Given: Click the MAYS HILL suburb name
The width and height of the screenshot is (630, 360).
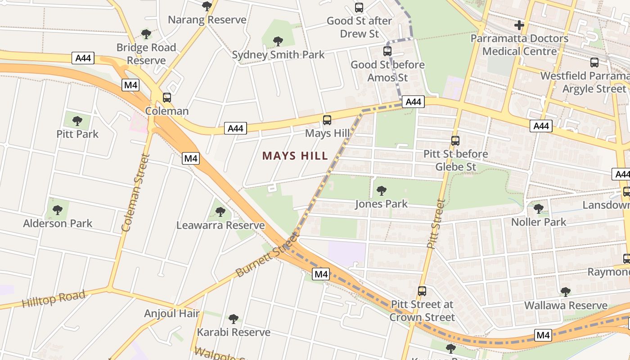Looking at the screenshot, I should coord(295,156).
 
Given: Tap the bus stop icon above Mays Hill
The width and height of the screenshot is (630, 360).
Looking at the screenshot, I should coord(327,120).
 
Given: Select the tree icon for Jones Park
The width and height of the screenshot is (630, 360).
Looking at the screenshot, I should coord(382,191).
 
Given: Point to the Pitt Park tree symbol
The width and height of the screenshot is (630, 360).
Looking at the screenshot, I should coord(77,121).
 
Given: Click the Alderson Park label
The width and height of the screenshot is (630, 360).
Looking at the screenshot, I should coord(58,223).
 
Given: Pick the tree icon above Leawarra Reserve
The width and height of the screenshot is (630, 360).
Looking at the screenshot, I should coord(220,211).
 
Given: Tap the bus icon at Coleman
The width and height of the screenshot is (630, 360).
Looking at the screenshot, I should coord(167,98).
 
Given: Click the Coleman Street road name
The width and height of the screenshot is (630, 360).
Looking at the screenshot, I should coord(135,193).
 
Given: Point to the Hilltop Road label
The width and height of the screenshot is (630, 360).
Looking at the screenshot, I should coord(54,299).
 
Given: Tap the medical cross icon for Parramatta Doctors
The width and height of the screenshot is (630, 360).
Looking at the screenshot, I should coord(519,25).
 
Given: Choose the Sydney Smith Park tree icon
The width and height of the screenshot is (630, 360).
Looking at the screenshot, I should coord(278,41).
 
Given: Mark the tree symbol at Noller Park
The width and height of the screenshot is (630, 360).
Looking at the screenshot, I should coord(539,209).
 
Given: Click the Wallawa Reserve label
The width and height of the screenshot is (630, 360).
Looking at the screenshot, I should coord(566,306).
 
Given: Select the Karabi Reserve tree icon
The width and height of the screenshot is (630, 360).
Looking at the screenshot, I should coord(233,319).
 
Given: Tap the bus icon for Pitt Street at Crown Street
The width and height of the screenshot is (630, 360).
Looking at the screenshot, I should coord(422,291).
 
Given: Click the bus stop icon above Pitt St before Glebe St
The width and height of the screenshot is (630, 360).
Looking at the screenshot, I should coord(455,141).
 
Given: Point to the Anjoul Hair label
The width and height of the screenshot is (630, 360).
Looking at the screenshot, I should coord(172,313).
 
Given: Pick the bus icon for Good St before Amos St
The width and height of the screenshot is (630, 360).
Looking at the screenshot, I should coord(387,51).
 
